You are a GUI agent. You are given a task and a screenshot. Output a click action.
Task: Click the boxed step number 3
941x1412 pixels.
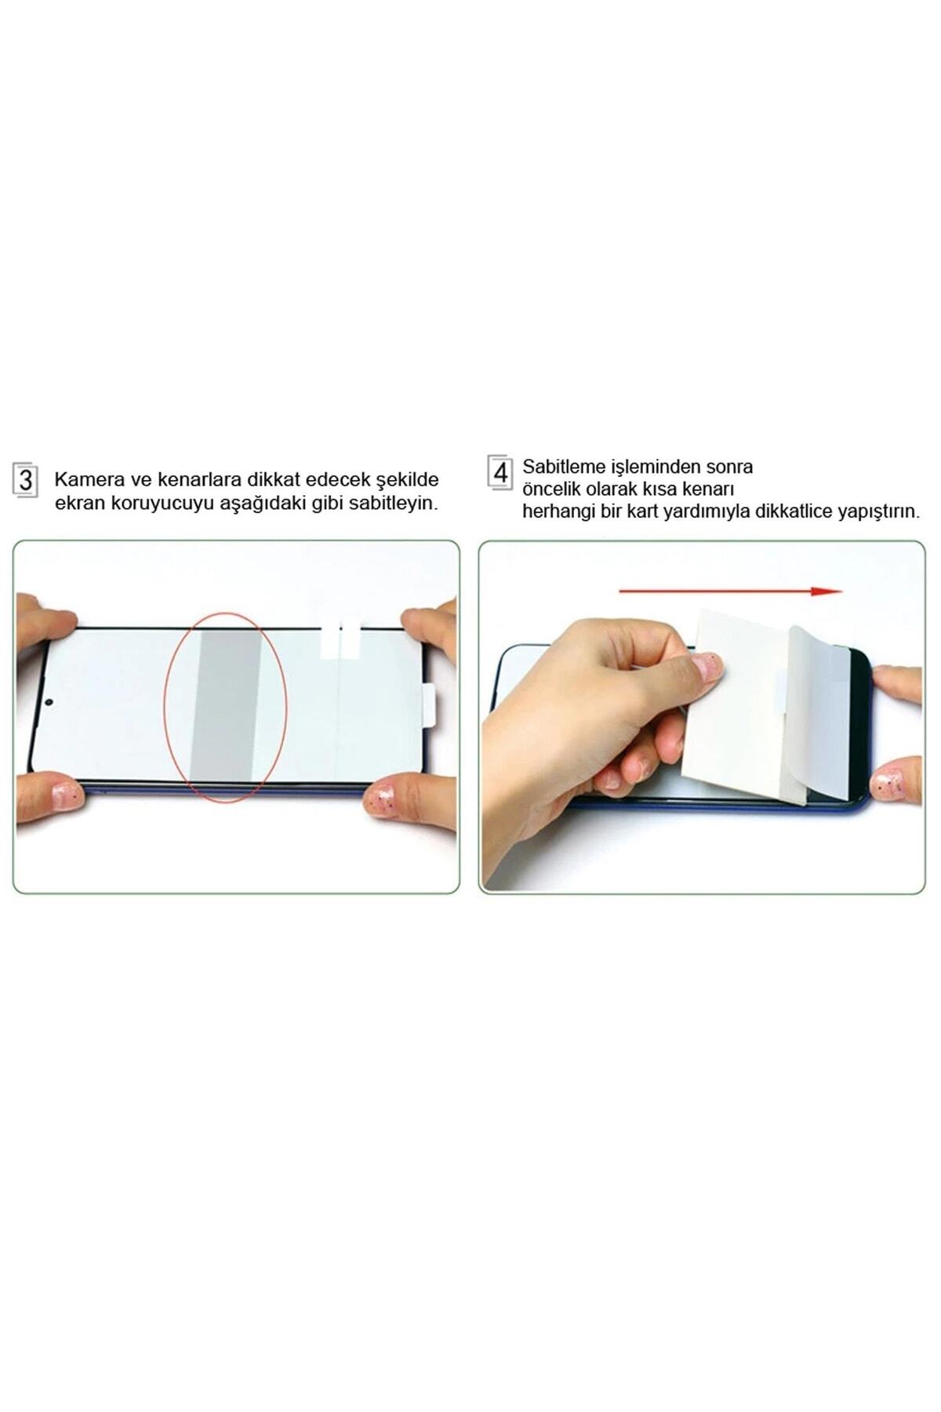(x=25, y=479)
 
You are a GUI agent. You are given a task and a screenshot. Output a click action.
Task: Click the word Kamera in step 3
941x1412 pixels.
(x=82, y=479)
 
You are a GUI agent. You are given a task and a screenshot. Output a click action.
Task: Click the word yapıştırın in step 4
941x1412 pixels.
(x=878, y=512)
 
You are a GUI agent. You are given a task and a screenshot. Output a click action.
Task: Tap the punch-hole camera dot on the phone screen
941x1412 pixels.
(x=49, y=701)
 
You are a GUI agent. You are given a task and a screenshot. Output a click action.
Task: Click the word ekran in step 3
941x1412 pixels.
(x=75, y=504)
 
